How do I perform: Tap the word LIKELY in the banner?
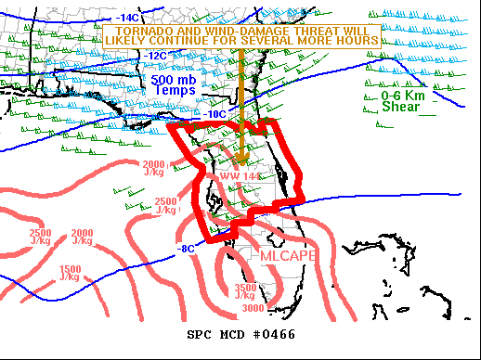134,41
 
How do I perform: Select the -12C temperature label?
155,56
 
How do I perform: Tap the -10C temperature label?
215,113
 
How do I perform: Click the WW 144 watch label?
240,176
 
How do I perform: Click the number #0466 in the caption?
272,334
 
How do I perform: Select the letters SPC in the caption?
201,334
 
